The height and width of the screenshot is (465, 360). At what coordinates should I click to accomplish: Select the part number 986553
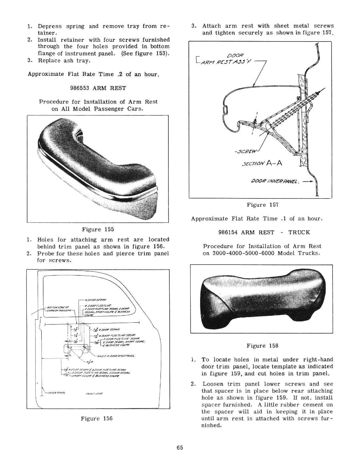80,88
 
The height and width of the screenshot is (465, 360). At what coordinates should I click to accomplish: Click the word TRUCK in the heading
299,232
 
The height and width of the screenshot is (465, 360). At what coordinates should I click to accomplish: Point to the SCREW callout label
244,151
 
